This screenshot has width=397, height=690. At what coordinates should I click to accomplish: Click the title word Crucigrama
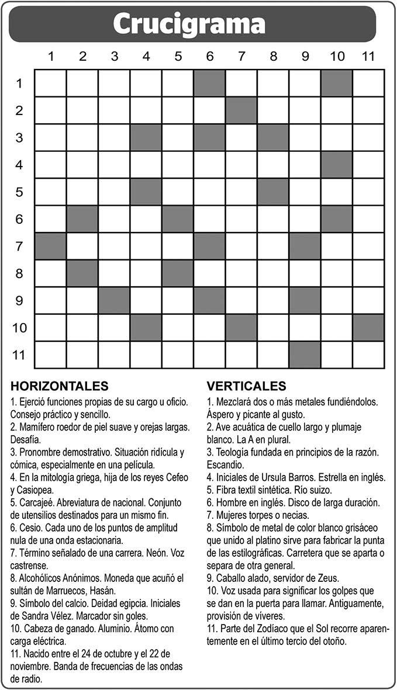[189, 24]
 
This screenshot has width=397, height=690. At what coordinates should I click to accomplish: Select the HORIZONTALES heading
[59, 386]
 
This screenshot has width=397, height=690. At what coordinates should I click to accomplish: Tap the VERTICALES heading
[247, 386]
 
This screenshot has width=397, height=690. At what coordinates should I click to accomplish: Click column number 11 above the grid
[368, 57]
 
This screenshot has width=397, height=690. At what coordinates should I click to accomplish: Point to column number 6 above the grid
[209, 57]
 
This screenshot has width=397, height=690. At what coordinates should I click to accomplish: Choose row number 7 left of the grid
[19, 246]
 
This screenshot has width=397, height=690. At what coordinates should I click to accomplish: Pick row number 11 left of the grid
[19, 355]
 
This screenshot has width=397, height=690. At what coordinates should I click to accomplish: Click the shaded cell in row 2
[241, 110]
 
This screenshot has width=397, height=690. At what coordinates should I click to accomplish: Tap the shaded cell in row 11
[305, 355]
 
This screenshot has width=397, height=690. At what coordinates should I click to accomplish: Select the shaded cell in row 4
[336, 165]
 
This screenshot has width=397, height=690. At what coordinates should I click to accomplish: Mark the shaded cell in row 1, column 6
[210, 83]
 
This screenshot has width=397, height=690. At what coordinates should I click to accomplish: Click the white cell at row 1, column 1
[51, 83]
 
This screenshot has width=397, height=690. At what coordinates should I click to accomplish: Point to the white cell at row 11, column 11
[368, 355]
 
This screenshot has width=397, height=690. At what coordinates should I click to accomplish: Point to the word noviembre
[32, 666]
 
